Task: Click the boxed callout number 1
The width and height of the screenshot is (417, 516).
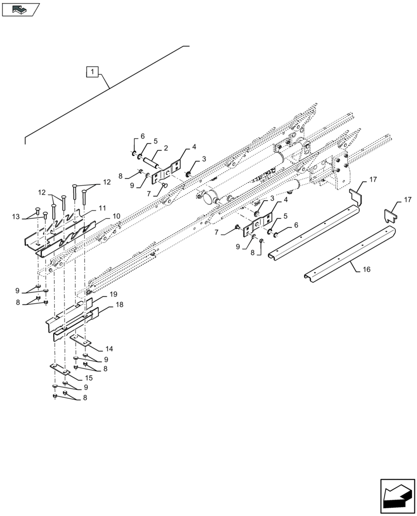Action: [x=91, y=72]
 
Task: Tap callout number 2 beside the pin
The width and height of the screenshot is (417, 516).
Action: [x=166, y=148]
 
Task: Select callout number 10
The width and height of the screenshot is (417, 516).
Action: [x=117, y=216]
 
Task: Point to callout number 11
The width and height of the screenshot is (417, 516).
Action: [x=102, y=207]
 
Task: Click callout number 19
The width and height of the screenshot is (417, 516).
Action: [x=114, y=294]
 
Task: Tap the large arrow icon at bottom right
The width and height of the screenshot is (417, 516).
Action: [x=397, y=496]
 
